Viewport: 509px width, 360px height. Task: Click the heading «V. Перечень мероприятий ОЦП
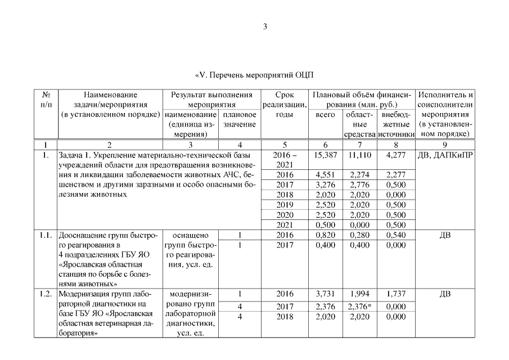pyautogui.click(x=254, y=75)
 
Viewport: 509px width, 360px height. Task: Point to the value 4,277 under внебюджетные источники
pyautogui.click(x=397, y=155)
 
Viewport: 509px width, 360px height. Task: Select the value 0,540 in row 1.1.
pyautogui.click(x=397, y=236)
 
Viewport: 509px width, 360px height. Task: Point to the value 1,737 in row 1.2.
pyautogui.click(x=397, y=294)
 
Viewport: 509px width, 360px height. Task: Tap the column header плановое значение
pyautogui.click(x=240, y=119)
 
